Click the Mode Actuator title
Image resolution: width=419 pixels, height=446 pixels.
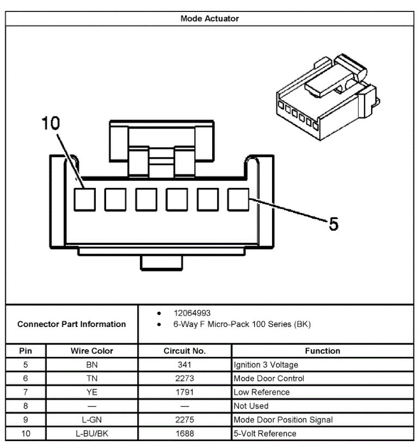click(x=209, y=18)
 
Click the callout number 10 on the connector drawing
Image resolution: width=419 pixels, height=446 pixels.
click(x=50, y=123)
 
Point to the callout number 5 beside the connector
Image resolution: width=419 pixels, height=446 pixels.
click(x=334, y=223)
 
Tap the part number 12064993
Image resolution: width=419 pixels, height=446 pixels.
click(x=192, y=313)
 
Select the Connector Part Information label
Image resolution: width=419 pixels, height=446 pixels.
click(x=71, y=324)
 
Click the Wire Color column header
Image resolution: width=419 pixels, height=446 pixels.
click(x=92, y=351)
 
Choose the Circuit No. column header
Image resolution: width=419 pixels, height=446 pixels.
click(x=184, y=351)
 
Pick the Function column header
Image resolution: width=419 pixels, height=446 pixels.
click(x=322, y=351)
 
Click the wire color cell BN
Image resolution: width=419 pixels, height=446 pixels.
click(x=92, y=365)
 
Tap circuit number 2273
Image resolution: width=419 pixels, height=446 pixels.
click(x=184, y=379)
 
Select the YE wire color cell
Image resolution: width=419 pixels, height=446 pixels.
click(x=92, y=392)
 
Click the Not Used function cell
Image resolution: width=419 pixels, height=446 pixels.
click(x=251, y=406)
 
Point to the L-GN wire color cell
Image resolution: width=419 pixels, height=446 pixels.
click(x=92, y=419)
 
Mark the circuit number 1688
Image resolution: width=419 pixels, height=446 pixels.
click(x=184, y=434)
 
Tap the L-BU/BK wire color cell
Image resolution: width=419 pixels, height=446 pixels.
click(x=92, y=434)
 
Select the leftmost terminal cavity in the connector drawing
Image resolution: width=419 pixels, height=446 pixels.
click(x=84, y=199)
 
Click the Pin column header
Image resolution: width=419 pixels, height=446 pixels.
click(x=26, y=351)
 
